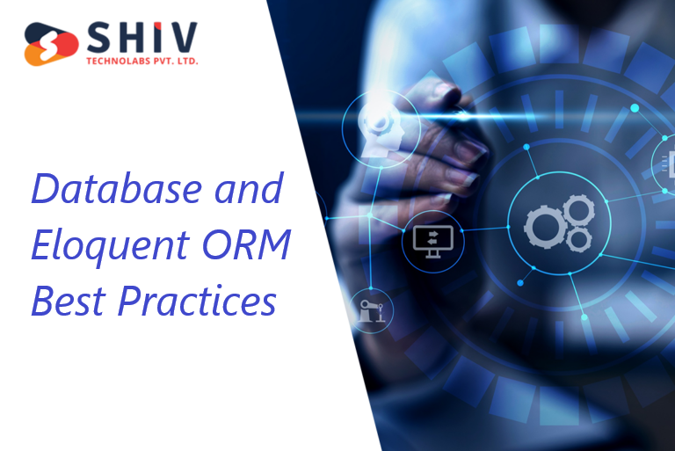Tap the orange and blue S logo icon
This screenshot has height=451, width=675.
(x=52, y=44)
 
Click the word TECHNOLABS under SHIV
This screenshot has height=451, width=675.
(x=115, y=61)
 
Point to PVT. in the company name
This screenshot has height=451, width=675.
(x=162, y=61)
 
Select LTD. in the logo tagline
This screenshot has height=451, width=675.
(x=185, y=61)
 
